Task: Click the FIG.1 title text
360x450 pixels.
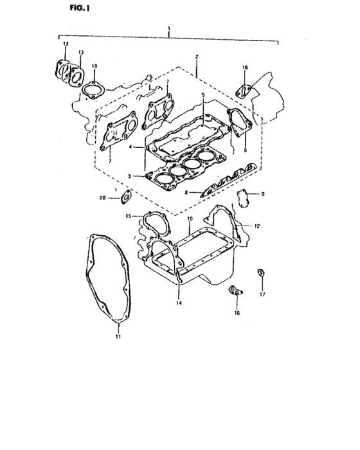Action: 80,8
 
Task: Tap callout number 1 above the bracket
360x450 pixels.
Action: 169,28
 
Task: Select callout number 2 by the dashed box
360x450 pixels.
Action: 197,57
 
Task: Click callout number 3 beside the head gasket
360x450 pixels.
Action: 129,176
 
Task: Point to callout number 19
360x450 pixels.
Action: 94,66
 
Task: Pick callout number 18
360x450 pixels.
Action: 244,67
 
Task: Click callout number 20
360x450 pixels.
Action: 102,198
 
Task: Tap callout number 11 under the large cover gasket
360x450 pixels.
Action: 118,337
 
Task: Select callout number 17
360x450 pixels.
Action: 262,294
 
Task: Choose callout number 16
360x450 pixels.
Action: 237,313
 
